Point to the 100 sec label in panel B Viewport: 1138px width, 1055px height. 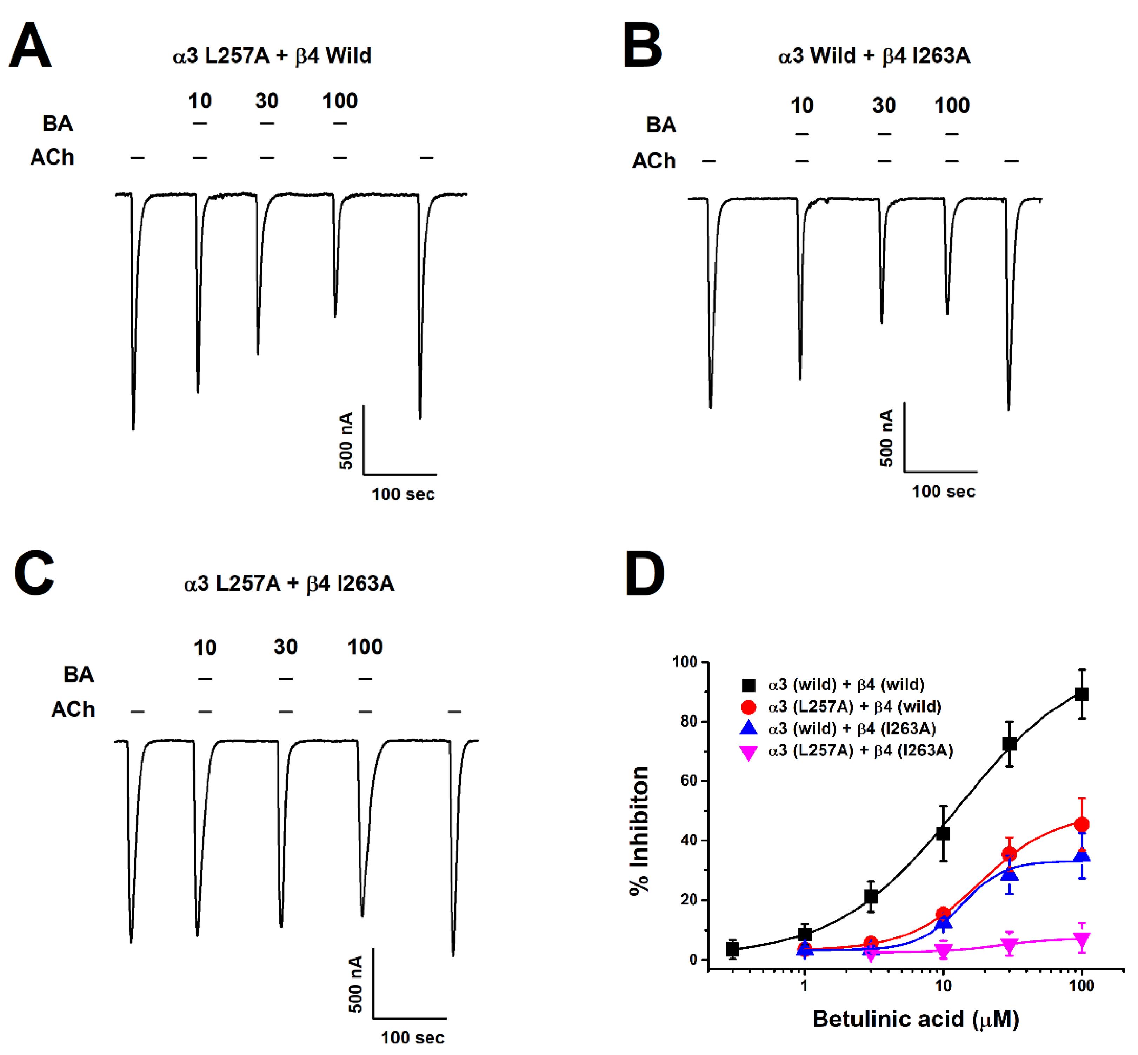pyautogui.click(x=943, y=491)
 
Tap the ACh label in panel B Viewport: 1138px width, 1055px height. pyautogui.click(x=653, y=161)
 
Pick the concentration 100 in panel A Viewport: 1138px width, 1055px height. pyautogui.click(x=340, y=101)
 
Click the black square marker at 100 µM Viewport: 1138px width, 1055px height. pyautogui.click(x=1081, y=694)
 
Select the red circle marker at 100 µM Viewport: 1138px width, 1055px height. pyautogui.click(x=1081, y=824)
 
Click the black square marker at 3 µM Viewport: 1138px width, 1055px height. pyautogui.click(x=870, y=896)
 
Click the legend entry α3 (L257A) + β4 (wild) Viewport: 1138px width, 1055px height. pyautogui.click(x=854, y=706)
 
